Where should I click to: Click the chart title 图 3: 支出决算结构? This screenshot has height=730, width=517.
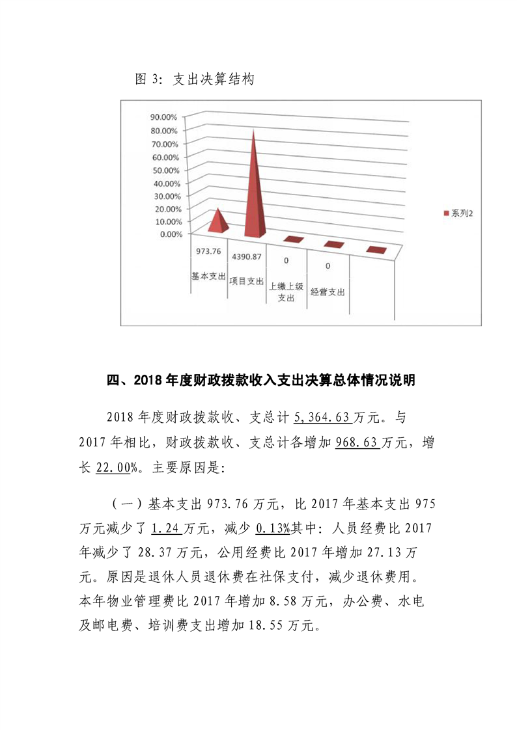point(194,80)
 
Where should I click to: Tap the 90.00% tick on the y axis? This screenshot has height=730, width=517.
point(164,118)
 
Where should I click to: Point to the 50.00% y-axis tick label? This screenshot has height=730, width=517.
point(164,170)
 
